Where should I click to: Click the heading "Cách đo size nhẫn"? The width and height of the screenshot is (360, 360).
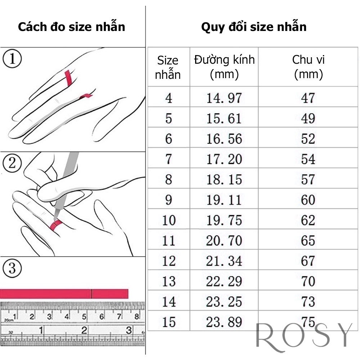(x=71, y=27)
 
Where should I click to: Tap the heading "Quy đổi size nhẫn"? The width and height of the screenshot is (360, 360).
(x=254, y=27)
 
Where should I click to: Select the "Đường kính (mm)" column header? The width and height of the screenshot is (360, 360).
(x=224, y=67)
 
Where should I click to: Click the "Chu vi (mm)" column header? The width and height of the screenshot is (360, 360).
(x=308, y=67)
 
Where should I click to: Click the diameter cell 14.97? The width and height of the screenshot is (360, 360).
(x=224, y=98)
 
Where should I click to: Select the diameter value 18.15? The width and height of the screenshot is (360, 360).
(x=224, y=180)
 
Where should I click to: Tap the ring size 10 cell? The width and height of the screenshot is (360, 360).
(x=168, y=220)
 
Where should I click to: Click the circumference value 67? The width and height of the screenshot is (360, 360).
(x=308, y=261)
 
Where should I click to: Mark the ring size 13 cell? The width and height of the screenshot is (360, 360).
(x=168, y=282)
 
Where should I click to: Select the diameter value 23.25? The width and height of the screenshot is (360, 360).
(x=224, y=302)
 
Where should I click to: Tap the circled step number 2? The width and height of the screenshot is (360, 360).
(x=12, y=164)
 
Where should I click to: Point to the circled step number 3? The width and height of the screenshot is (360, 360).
(x=12, y=268)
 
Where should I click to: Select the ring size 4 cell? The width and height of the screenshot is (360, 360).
(x=168, y=98)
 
